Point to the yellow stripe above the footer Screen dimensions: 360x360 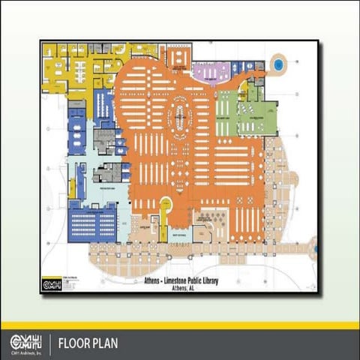180,325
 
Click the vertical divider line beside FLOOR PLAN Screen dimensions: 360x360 50,344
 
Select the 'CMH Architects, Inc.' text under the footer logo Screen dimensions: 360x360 24,352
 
